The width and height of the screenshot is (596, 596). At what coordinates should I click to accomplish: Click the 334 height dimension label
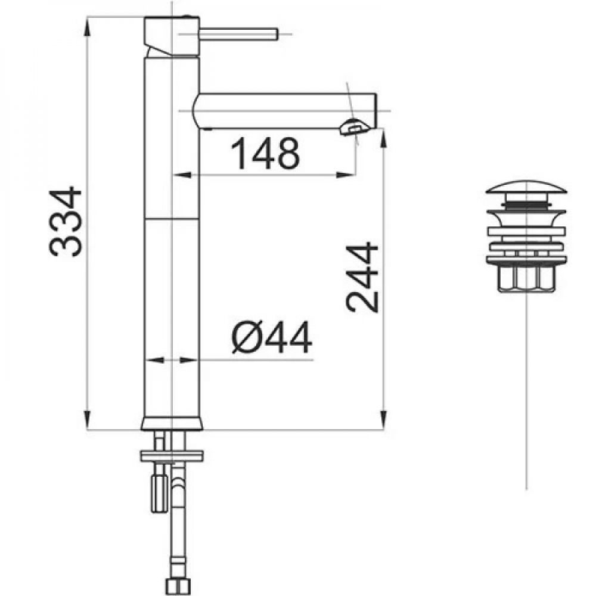pos(66,222)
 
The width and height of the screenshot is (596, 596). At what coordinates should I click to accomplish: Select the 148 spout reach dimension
pos(265,154)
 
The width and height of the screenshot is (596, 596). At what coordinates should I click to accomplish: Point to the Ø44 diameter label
pos(272,337)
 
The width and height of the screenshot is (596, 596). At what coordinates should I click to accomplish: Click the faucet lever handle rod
pos(239,34)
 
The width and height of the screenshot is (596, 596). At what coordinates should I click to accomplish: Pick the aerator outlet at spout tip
pos(355,128)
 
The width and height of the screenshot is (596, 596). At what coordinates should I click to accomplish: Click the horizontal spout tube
pos(285,111)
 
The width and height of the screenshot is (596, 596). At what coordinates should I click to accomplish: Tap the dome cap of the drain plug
pos(526,186)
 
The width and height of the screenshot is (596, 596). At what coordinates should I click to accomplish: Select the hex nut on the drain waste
pos(526,278)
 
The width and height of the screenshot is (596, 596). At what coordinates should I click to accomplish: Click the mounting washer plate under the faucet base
pos(172,456)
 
